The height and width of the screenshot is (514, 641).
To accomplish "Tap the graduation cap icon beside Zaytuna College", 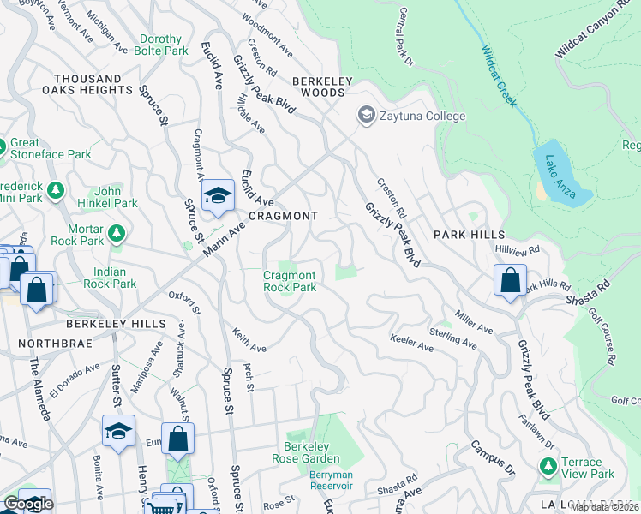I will click(367, 116).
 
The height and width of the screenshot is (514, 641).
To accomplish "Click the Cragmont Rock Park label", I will click(290, 281).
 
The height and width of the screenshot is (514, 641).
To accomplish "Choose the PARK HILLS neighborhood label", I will click(468, 235).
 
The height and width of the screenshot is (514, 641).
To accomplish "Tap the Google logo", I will click(28, 504).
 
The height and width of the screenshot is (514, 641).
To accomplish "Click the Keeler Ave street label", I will click(412, 344).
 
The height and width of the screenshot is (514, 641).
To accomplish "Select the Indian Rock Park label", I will click(110, 278).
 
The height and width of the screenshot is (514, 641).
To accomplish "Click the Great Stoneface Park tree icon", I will click(5, 146).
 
